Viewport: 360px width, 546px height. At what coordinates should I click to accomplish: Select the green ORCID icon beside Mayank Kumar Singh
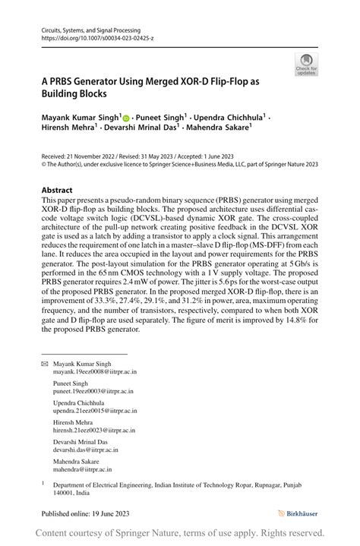click(126, 118)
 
